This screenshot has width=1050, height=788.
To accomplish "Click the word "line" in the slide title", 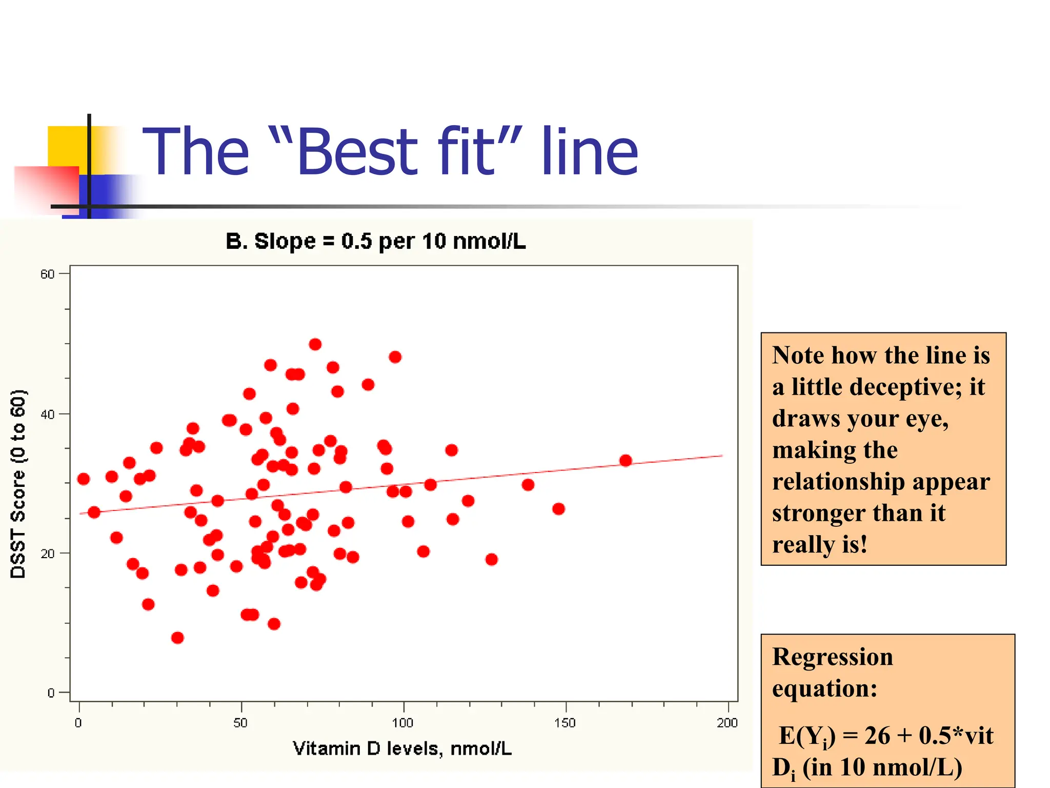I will pos(590,152).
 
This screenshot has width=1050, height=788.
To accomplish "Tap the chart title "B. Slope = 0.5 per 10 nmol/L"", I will pos(376,241).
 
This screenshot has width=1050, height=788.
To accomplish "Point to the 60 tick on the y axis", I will pos(47,274).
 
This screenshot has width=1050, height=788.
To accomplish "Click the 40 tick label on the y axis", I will pos(47,414).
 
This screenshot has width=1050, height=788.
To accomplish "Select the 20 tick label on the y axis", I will pos(47,554).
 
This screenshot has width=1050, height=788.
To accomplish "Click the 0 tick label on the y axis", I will pos(51,693).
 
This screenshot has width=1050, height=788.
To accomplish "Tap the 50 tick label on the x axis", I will pos(240,723).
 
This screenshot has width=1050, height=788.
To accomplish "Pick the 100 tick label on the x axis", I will pos(402,723).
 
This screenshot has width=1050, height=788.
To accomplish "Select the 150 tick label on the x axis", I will pos(565,723).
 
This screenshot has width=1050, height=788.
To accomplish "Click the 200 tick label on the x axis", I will pos(727,723).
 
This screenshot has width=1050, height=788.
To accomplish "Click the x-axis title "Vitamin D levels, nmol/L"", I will pos(402,748).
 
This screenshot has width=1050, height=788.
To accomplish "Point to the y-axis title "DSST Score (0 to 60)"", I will pos(18,484).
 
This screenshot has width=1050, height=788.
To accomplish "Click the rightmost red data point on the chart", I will pos(625,460).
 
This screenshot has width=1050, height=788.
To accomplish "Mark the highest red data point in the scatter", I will pos(315,344).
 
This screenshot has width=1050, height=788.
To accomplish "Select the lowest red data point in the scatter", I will pos(177,638).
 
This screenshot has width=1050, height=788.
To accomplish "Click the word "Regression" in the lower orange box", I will pos(832,657).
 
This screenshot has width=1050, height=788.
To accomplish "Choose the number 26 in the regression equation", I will pos(877,736).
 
